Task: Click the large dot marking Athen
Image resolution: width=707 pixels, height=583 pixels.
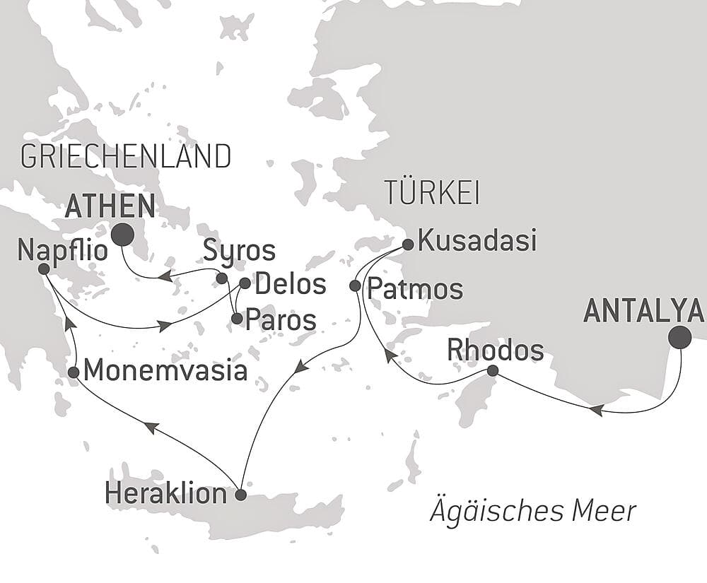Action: pyautogui.click(x=123, y=235)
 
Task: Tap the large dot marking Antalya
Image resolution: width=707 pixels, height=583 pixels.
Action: pyautogui.click(x=680, y=337)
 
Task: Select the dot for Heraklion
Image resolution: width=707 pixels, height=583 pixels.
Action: pyautogui.click(x=240, y=495)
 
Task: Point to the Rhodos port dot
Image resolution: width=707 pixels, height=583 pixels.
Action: pyautogui.click(x=493, y=371)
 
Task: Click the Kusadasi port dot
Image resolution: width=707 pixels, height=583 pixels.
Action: pyautogui.click(x=408, y=245)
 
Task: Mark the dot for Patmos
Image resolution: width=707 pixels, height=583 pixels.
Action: pyautogui.click(x=355, y=285)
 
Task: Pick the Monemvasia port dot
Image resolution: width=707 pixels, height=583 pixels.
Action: pyautogui.click(x=74, y=372)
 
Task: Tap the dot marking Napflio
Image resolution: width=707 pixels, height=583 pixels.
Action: pyautogui.click(x=44, y=269)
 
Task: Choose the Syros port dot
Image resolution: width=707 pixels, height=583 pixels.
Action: pyautogui.click(x=221, y=278)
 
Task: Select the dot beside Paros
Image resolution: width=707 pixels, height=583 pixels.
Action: pyautogui.click(x=237, y=319)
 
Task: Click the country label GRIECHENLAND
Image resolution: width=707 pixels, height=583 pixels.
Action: pyautogui.click(x=126, y=156)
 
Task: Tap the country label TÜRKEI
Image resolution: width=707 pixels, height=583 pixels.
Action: pyautogui.click(x=431, y=192)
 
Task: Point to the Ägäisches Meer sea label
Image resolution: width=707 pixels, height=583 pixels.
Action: pyautogui.click(x=533, y=511)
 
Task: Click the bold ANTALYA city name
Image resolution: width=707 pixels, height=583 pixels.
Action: pyautogui.click(x=643, y=311)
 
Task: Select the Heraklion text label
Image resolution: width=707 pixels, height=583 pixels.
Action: pyautogui.click(x=166, y=493)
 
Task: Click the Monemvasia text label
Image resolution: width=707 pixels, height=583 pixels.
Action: pyautogui.click(x=165, y=371)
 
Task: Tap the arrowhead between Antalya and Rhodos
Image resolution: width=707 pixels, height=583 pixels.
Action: pyautogui.click(x=597, y=411)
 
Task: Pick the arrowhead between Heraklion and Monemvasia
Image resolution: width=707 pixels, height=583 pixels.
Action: pyautogui.click(x=151, y=426)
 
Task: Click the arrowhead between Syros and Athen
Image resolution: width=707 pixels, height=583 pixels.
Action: pyautogui.click(x=165, y=276)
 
